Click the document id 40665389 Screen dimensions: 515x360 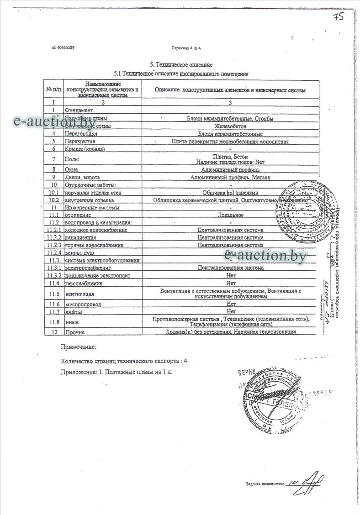coord(64,47)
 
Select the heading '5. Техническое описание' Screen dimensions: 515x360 coord(181,65)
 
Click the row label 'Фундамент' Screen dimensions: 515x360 coord(79,110)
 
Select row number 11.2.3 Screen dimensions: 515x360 coord(53,245)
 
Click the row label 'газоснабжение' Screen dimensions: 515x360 coord(84,284)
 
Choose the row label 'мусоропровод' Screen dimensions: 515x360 coord(83,304)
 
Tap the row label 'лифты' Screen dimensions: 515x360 coord(73,312)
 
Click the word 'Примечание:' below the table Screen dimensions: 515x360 coord(78,347)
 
